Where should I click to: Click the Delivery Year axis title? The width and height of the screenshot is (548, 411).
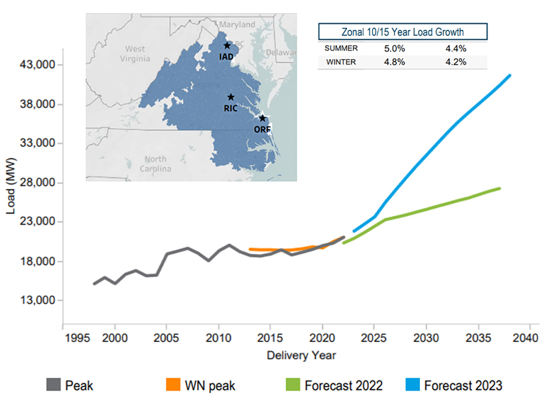[301, 355]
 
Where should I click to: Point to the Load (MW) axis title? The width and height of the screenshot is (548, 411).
[11, 183]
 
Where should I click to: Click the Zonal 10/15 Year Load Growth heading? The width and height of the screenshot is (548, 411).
[403, 32]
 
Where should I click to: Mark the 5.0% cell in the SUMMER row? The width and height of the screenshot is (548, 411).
[397, 48]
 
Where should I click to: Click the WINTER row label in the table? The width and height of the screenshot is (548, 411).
[341, 62]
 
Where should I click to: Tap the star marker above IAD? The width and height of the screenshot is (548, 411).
[227, 46]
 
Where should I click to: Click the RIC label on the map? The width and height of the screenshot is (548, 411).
[230, 108]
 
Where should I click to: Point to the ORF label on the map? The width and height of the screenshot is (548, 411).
[262, 129]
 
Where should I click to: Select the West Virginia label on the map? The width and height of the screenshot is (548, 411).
[135, 54]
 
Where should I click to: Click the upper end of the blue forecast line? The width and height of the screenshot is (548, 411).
[510, 76]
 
